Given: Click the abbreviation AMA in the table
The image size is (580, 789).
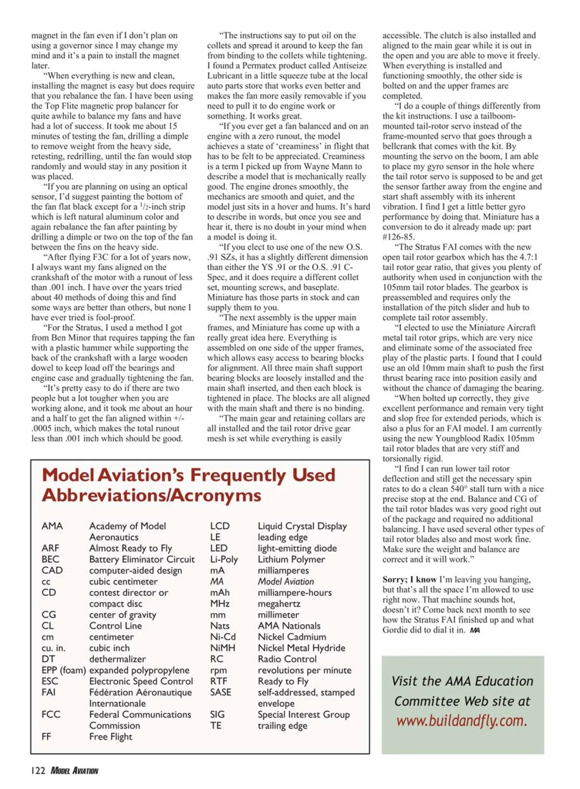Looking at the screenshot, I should (x=52, y=526).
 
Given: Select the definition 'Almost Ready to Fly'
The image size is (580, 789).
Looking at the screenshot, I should (x=130, y=548).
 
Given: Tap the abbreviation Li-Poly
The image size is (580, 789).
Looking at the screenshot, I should (x=224, y=559).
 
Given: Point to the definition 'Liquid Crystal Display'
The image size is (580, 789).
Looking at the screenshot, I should (x=302, y=526).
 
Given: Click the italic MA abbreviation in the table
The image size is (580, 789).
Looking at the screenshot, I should (x=217, y=582).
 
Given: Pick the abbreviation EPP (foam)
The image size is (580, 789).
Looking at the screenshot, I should (x=64, y=670).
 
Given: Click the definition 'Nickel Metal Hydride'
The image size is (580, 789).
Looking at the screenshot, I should (x=301, y=648).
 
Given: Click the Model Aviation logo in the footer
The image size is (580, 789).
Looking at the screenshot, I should (x=74, y=771).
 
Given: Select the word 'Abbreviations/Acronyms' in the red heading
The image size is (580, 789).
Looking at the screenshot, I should (x=152, y=496).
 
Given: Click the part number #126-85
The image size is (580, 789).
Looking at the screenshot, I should (x=398, y=237).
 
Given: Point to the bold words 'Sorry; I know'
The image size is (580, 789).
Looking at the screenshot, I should (x=409, y=579).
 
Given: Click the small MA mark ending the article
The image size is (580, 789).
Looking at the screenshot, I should (x=474, y=630).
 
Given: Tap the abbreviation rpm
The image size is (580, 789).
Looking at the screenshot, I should (x=219, y=670).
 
